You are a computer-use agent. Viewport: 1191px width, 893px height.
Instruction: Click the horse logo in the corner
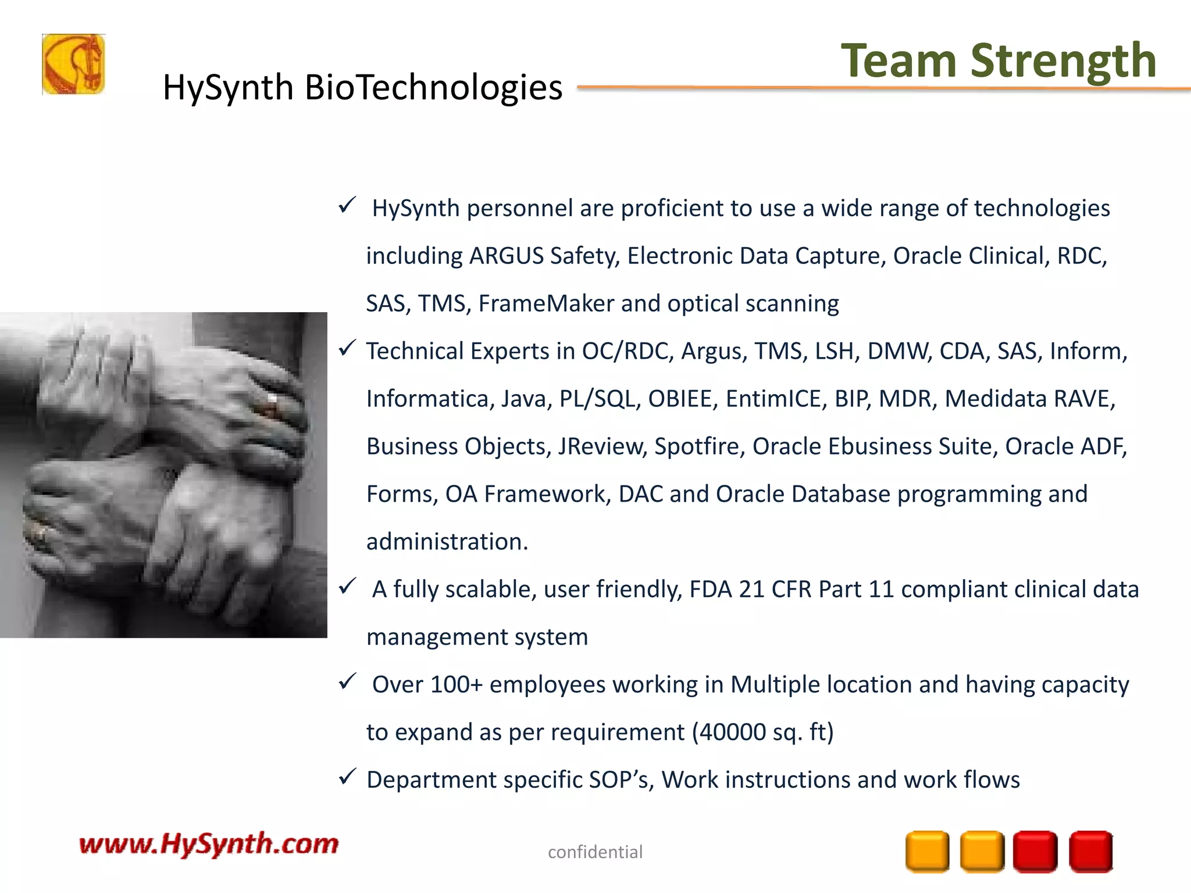pyautogui.click(x=73, y=64)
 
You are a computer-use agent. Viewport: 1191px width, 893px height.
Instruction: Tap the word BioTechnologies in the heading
pyautogui.click(x=433, y=88)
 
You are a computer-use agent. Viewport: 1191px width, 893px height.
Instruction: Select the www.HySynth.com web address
pyautogui.click(x=208, y=844)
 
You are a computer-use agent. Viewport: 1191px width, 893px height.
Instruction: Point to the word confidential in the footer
pyautogui.click(x=595, y=852)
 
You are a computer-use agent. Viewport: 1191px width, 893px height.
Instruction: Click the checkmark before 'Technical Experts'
pyautogui.click(x=347, y=348)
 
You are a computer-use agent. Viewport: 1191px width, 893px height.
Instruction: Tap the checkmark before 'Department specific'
pyautogui.click(x=347, y=777)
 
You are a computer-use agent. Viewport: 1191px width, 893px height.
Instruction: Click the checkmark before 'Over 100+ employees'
pyautogui.click(x=347, y=681)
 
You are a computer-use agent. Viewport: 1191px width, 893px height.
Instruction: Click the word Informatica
pyautogui.click(x=430, y=399)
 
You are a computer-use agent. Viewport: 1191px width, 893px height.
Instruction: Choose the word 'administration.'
pyautogui.click(x=447, y=542)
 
